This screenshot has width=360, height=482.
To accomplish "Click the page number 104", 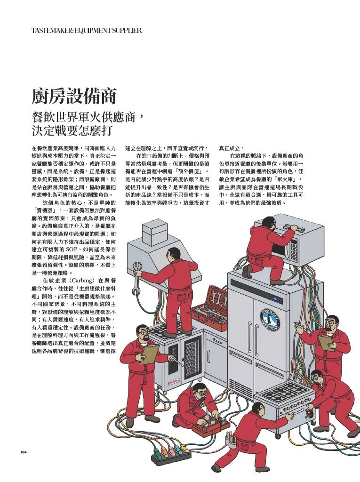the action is (24, 452).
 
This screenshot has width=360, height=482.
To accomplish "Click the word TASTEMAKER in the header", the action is (48, 31).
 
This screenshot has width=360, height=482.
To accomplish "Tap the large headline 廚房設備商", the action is (74, 96).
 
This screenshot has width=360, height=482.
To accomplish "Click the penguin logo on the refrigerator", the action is (270, 320).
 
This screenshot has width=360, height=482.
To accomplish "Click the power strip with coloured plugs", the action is (170, 454).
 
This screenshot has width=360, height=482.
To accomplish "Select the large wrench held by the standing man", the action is (136, 278).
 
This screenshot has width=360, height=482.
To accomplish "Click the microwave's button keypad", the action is (294, 249).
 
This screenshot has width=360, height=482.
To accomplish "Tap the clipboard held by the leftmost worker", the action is (149, 354).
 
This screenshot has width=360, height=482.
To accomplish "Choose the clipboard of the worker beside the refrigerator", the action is (327, 343).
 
